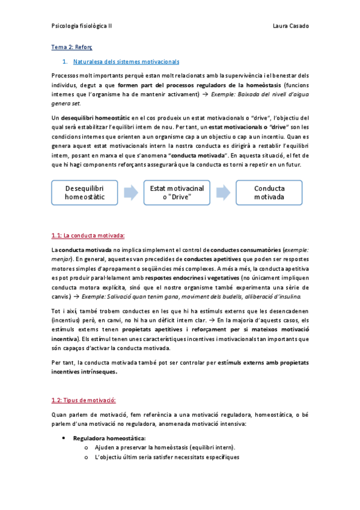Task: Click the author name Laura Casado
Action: (290, 26)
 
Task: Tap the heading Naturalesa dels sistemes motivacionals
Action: (126, 61)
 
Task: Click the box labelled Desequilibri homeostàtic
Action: (84, 192)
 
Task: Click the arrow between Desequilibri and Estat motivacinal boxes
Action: (130, 192)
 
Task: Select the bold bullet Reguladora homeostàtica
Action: (105, 438)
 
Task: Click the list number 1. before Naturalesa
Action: (64, 61)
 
